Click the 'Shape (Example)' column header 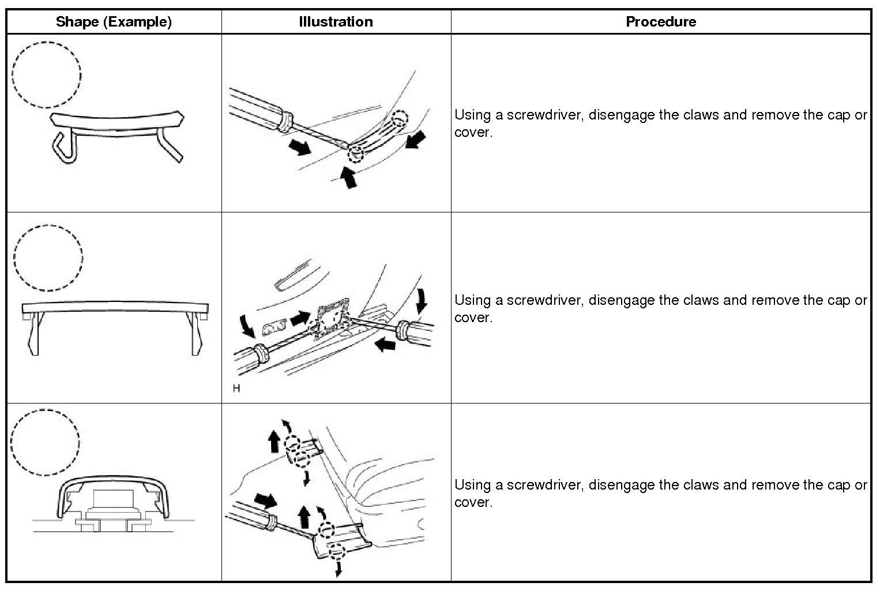(114, 22)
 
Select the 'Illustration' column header (336, 22)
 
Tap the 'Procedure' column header (661, 22)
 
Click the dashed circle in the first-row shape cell (46, 74)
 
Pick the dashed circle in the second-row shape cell (48, 257)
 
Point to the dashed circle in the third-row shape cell (45, 442)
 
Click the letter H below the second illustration (236, 389)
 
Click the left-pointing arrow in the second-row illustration (385, 345)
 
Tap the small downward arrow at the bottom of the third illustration (339, 569)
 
